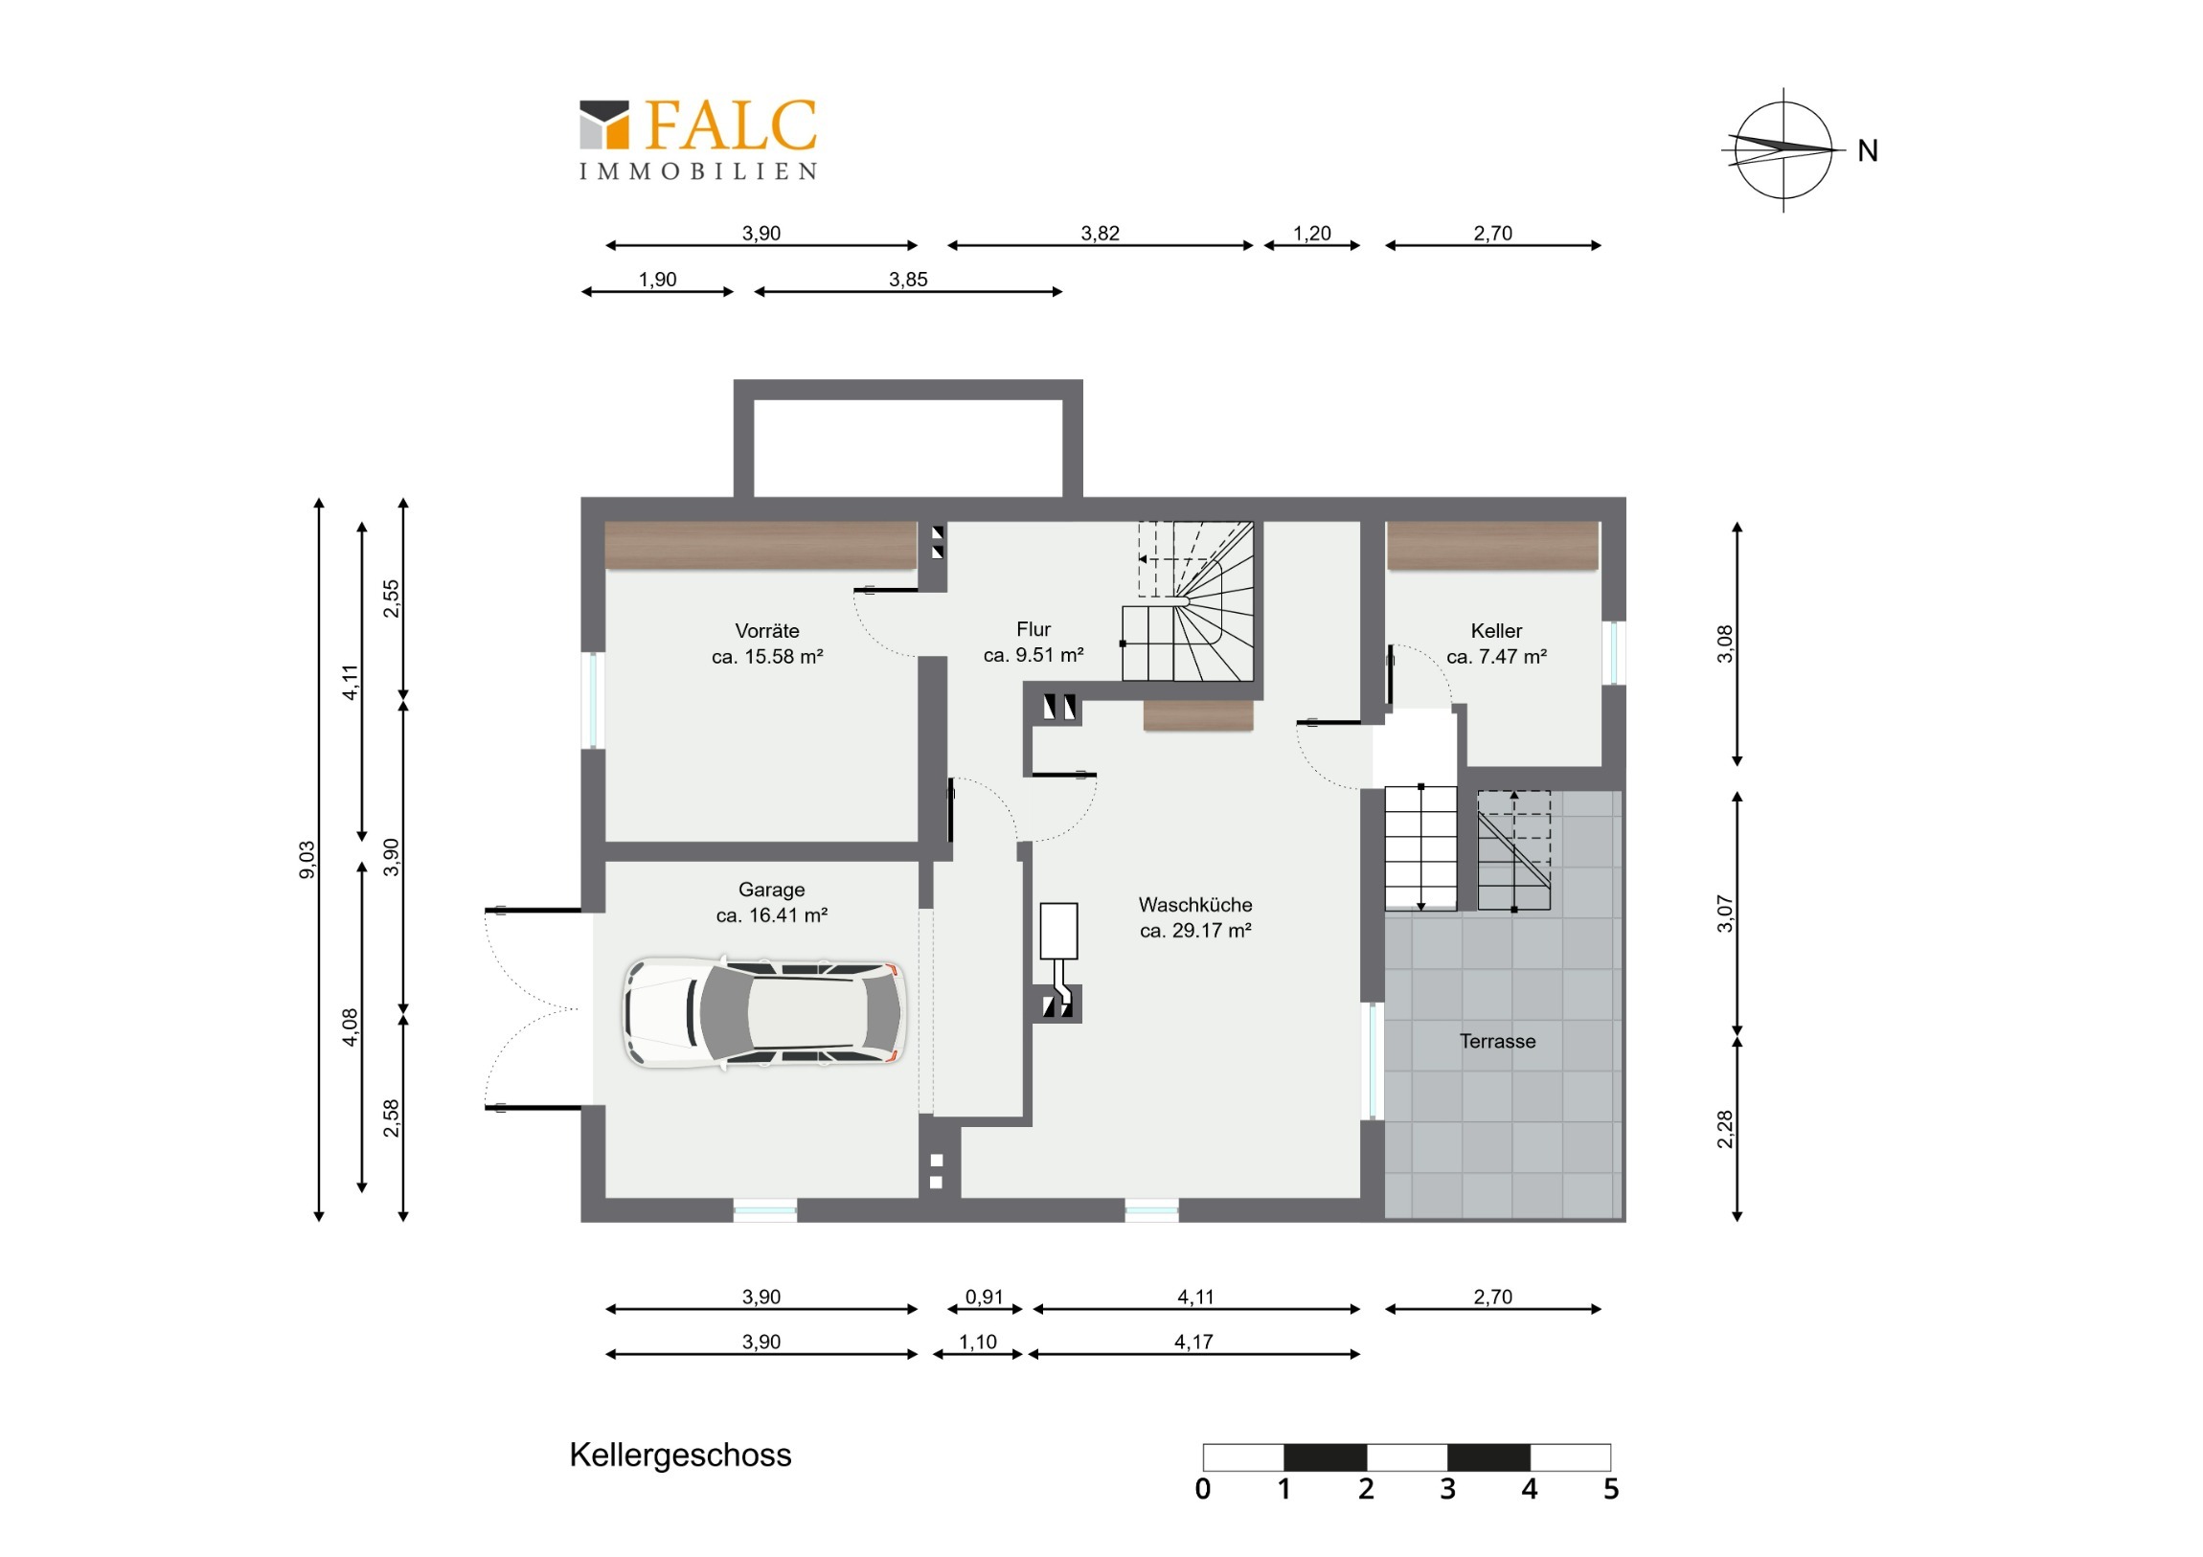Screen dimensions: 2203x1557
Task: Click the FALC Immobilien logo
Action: (x=697, y=140)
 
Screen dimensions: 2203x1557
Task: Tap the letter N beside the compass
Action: (x=1867, y=150)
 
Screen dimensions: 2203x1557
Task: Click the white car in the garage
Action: (x=763, y=1012)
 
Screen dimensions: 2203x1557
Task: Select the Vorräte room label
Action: (x=766, y=643)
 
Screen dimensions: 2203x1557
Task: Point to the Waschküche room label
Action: (x=1195, y=917)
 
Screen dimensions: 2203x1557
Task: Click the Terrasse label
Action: (x=1497, y=1041)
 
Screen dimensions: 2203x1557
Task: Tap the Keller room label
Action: (x=1496, y=643)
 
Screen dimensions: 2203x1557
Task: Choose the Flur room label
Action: (x=1033, y=642)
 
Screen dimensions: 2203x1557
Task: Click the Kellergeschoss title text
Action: (x=680, y=1456)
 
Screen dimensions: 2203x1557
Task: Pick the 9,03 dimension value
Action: (x=307, y=860)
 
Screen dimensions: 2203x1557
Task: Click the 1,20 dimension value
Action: (x=1311, y=233)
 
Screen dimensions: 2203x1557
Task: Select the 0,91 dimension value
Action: (x=984, y=1297)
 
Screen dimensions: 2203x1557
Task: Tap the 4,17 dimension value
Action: (x=1193, y=1343)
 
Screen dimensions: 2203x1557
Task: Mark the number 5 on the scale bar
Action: (x=1611, y=1489)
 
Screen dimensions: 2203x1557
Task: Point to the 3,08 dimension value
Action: (x=1725, y=643)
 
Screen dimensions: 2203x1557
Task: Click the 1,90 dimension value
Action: (x=657, y=280)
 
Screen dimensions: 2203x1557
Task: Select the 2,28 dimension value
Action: (x=1725, y=1128)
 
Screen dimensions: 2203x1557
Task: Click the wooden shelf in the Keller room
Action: (x=1493, y=546)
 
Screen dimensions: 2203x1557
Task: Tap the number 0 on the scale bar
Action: (x=1202, y=1489)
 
